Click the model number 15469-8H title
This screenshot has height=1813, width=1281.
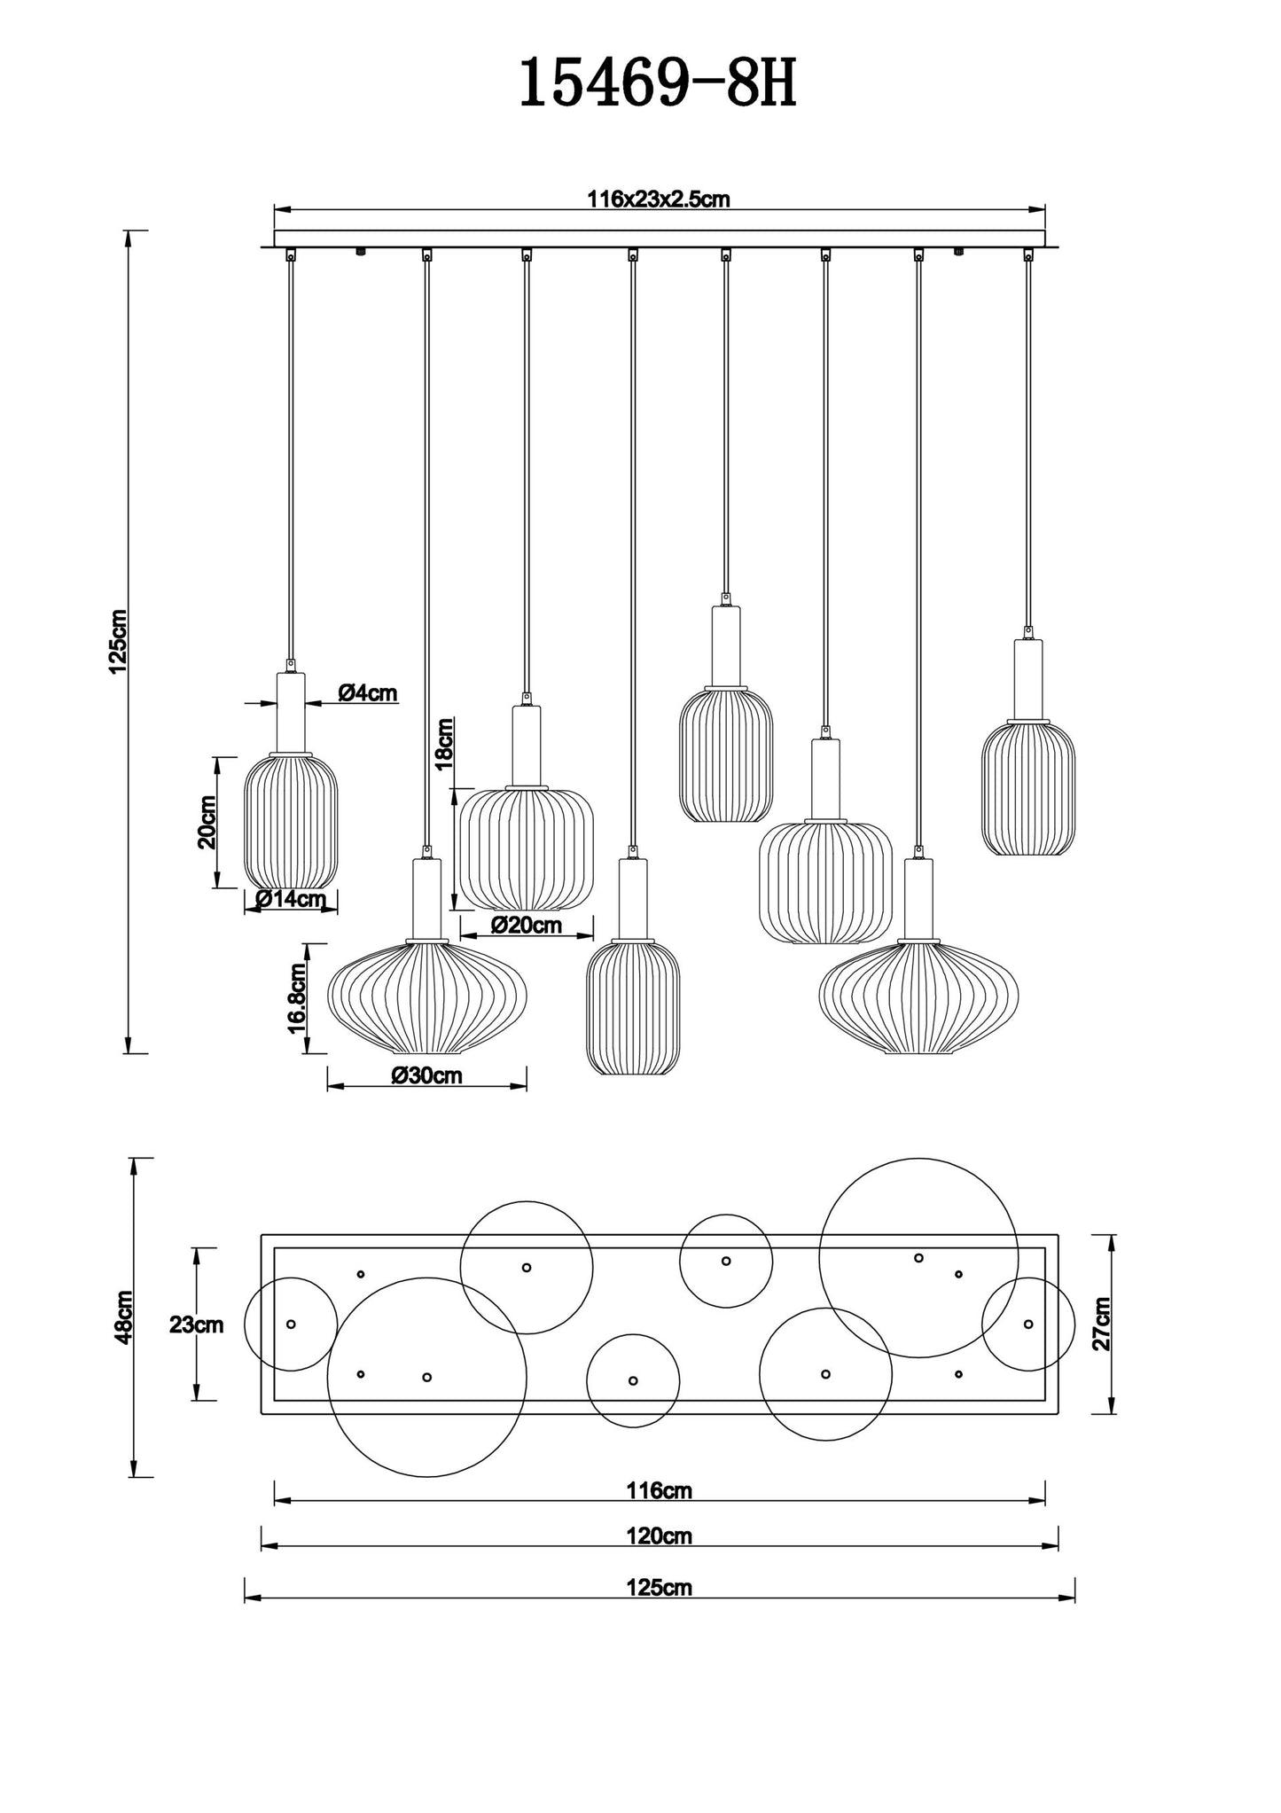coord(657,85)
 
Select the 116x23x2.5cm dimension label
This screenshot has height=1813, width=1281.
coord(658,199)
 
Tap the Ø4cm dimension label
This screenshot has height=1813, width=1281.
coord(367,692)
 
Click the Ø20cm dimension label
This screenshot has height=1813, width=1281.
coord(526,926)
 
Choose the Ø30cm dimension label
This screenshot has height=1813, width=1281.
coord(426,1075)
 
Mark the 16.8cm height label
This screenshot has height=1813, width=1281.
coord(297,997)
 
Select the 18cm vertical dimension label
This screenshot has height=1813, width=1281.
coord(443,743)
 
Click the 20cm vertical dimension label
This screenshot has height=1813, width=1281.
coord(207,821)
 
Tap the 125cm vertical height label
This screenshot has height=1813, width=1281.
coord(118,642)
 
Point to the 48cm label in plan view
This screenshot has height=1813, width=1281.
coord(123,1317)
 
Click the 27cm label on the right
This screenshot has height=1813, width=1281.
coord(1102,1323)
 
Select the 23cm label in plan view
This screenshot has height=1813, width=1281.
coord(196,1325)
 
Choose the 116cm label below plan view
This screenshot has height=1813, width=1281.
coord(659,1490)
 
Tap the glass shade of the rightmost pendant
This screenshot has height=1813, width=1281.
coord(1028,789)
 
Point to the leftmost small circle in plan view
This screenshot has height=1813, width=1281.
coord(291,1324)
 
